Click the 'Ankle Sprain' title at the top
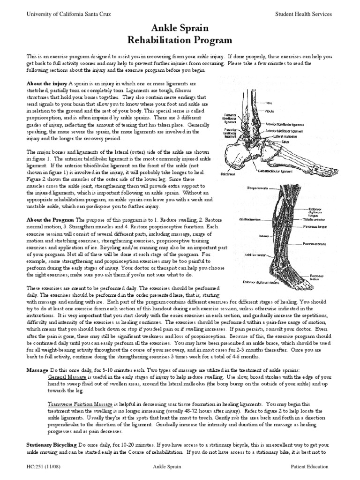[x=180, y=29]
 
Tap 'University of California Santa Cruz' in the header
[x=69, y=14]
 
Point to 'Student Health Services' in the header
[x=303, y=14]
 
